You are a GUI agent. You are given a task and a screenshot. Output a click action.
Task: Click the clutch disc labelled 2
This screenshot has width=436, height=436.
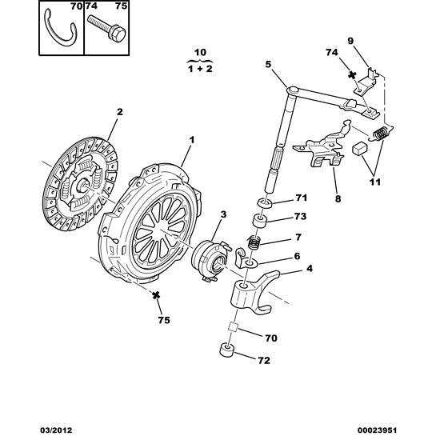coord(80,183)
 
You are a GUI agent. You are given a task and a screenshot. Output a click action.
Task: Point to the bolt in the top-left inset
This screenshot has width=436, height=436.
coord(107,27)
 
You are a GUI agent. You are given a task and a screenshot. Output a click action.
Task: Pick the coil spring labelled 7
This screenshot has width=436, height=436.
coord(254,242)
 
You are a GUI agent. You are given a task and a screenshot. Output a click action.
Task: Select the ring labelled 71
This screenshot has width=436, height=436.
coord(265,203)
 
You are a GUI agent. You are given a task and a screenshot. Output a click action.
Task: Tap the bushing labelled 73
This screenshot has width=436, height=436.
coord(260,222)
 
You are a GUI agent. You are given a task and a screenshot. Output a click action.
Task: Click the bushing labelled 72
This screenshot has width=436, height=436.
coord(226,350)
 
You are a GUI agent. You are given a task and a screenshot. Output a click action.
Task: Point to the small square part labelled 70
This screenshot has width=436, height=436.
coord(233,326)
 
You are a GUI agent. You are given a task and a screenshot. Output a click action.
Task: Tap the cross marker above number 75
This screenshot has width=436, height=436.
coord(156,295)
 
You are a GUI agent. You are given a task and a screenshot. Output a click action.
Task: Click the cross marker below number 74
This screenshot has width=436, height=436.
coord(352,74)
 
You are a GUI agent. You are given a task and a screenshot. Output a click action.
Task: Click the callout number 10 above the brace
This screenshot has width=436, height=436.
coord(200,52)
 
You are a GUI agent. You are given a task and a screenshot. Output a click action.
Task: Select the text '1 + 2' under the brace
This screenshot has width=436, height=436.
coord(200,69)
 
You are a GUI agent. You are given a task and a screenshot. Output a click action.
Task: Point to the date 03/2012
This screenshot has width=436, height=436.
coord(54,430)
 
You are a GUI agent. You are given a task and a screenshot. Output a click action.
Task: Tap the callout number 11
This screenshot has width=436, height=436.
coord(374,182)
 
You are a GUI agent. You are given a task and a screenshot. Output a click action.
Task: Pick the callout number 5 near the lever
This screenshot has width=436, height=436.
coord(268,65)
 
